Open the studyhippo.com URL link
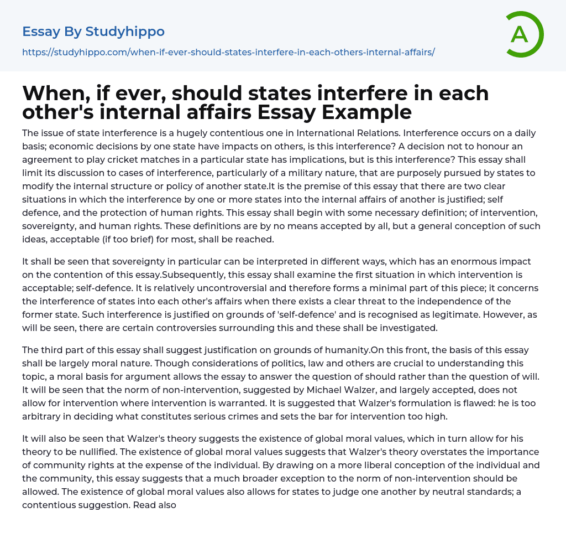(x=228, y=52)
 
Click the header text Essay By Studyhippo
(x=93, y=32)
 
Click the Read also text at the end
(x=154, y=505)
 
